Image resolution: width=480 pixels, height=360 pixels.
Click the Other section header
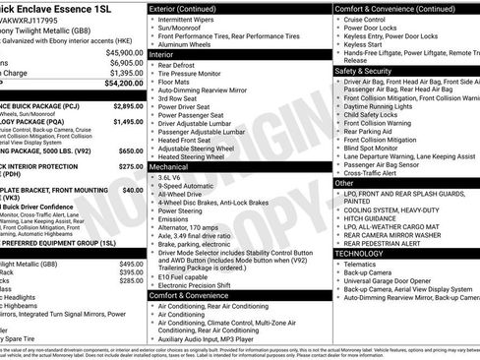pyautogui.click(x=344, y=183)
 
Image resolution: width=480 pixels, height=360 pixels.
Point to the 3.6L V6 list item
pyautogui.click(x=179, y=177)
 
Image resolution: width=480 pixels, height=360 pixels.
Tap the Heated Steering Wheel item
pyautogui.click(x=207, y=156)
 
